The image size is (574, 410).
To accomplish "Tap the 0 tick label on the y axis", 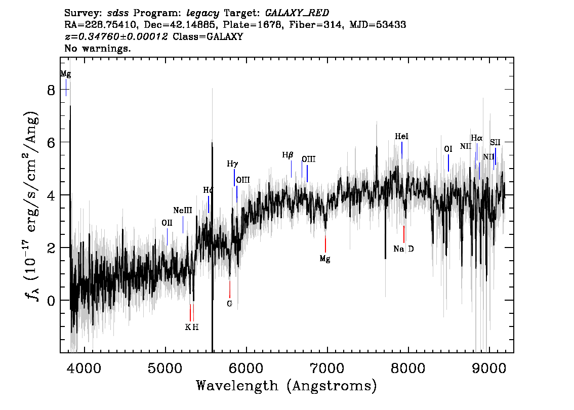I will coord(51,300).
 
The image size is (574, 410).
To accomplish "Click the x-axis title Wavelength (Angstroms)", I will coord(286,386).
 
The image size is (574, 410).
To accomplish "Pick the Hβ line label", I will coord(288,155).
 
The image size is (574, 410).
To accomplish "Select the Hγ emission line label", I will coord(232,163).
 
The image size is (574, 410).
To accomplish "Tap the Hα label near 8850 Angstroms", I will coord(476,138).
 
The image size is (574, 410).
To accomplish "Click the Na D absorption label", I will coord(403,249).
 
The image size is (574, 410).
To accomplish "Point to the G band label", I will coord(229,304).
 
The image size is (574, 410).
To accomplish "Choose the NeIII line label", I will coord(182,211).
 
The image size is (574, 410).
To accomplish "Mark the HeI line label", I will coord(401,137).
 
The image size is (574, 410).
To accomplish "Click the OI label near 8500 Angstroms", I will coord(448,149).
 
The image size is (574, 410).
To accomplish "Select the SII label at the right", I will coord(495,143).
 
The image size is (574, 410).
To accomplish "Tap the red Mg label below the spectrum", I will coord(325,259).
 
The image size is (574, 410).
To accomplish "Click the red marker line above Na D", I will coord(403,234).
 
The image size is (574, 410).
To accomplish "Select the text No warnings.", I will coord(98,49).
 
